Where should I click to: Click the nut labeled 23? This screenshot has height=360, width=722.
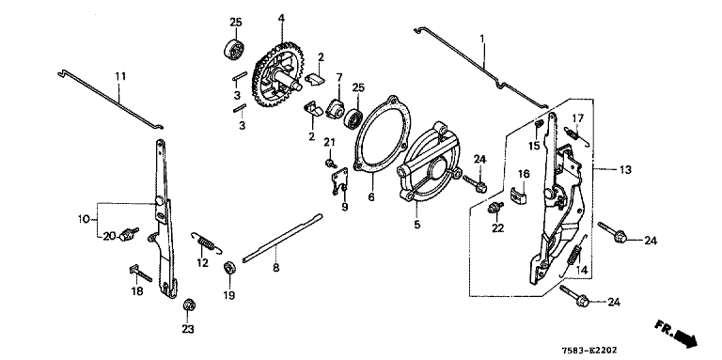click(188, 305)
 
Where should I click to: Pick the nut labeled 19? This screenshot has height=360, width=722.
click(228, 268)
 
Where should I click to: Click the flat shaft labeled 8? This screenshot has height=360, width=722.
click(282, 238)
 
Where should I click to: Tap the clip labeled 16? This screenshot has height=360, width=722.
click(519, 194)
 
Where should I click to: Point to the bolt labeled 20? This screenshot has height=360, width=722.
click(129, 233)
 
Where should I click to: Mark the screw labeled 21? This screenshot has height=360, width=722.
click(330, 163)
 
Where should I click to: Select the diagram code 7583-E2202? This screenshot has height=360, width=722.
click(589, 351)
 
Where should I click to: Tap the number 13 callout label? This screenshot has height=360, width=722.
click(625, 170)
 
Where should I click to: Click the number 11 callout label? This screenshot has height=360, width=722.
click(120, 76)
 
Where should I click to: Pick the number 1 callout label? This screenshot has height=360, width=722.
click(482, 39)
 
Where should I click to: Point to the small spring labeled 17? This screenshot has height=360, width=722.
click(576, 135)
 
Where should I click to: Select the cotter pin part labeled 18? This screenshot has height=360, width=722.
click(140, 273)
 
